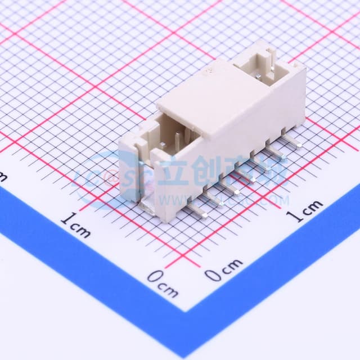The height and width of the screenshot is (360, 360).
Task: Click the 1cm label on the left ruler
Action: tap(75, 224)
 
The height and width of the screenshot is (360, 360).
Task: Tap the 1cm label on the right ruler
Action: tap(306, 210)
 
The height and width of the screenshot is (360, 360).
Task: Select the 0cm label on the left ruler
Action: tap(163, 283)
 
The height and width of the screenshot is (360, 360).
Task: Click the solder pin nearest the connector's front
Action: tap(197, 210)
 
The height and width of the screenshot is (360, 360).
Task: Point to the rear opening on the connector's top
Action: tap(259, 67)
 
